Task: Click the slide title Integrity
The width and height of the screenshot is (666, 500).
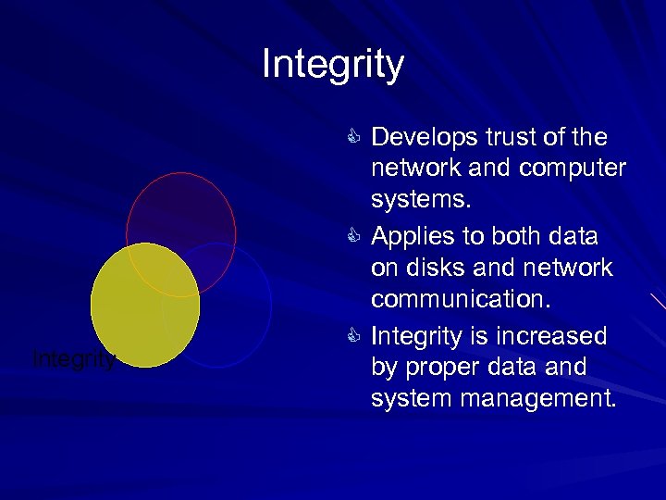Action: (333, 65)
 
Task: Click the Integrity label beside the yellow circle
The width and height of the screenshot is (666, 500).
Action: (74, 359)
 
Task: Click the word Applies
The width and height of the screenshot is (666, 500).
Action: (413, 236)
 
